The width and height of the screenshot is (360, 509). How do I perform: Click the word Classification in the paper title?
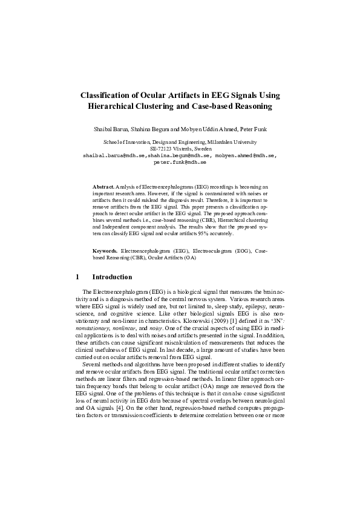[110, 96]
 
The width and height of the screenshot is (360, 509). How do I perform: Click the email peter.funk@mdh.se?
[180, 162]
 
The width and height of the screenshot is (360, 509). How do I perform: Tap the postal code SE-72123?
[161, 149]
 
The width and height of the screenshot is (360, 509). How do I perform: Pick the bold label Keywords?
[105, 250]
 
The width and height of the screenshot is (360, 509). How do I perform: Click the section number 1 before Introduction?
[78, 277]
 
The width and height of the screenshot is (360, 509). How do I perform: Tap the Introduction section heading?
[112, 277]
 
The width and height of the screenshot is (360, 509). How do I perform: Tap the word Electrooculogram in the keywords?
[211, 250]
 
